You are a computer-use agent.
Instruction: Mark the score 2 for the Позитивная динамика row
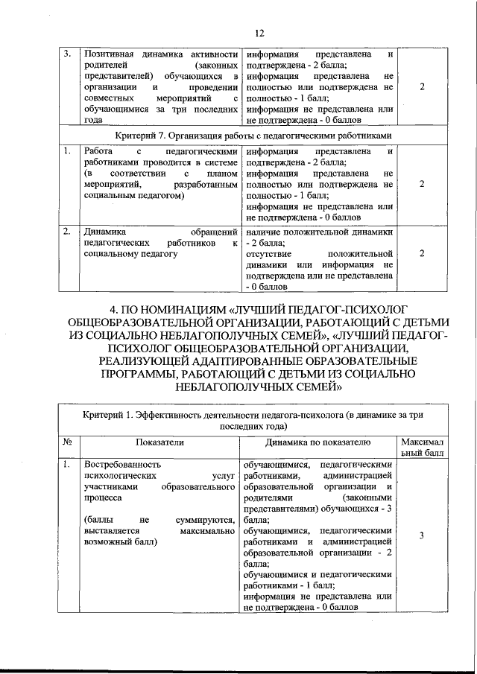423,87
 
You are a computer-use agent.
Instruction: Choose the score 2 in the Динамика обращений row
423,253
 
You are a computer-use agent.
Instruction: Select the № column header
67,442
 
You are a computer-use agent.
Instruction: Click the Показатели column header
159,442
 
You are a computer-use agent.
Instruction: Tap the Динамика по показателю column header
318,442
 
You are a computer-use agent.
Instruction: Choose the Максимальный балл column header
422,447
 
